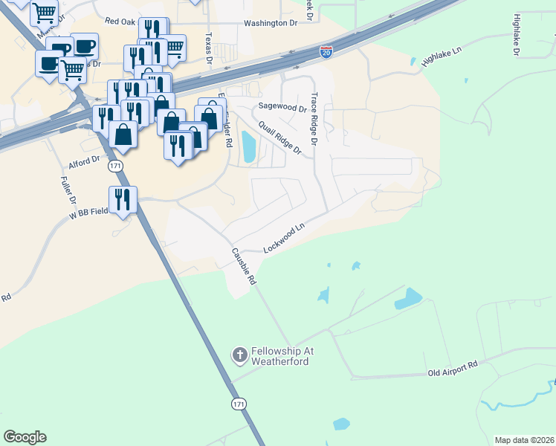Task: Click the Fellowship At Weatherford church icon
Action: [239, 355]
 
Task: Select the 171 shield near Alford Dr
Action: [114, 166]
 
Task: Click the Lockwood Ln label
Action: [285, 239]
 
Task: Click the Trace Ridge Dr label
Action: [314, 118]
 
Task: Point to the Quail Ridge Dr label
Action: [280, 138]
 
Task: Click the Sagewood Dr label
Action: [282, 107]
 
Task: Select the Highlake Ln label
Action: [442, 57]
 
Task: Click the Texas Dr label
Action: [209, 48]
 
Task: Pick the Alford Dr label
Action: [84, 161]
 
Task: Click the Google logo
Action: [25, 437]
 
